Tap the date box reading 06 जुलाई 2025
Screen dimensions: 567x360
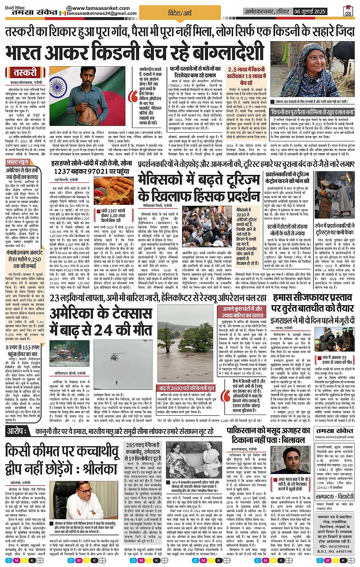coord(310,11)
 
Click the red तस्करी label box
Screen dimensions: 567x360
coord(25,72)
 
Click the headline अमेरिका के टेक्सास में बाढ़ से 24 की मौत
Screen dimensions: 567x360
coord(101,321)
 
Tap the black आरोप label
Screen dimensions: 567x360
coord(17,431)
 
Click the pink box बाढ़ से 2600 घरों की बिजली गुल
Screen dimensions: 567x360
coord(187,388)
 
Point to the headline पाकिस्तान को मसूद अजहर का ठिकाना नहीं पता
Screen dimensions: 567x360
coord(268,435)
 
